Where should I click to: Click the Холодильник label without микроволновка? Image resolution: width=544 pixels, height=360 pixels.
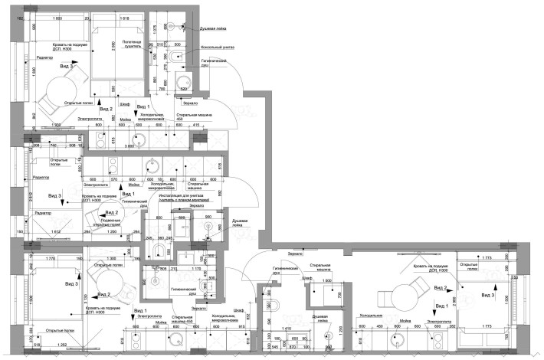tap(372, 315)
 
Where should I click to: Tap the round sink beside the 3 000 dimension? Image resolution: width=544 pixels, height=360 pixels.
tap(137, 137)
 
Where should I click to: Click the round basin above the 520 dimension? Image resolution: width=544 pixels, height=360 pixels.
tap(182, 83)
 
